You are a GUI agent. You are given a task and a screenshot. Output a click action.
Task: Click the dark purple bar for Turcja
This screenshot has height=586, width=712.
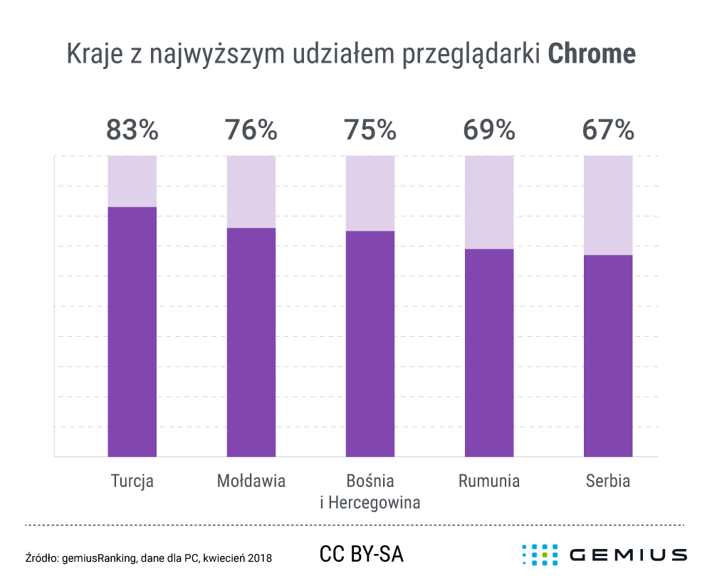132,331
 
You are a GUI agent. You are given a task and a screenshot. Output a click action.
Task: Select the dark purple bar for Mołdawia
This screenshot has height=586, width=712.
251,342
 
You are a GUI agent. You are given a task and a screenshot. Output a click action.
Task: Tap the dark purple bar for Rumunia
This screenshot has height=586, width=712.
489,352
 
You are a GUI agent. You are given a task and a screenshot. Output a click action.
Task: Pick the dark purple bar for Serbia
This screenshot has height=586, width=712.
608,355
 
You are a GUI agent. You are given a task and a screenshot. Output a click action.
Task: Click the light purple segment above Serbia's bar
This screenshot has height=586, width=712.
608,205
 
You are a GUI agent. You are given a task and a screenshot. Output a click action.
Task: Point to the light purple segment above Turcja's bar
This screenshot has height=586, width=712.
132,181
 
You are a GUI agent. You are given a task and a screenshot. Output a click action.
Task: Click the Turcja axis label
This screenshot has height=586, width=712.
132,481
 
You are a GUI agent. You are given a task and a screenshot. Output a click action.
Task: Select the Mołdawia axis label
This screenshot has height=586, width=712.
251,481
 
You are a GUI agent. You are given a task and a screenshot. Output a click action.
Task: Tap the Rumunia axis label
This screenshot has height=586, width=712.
489,481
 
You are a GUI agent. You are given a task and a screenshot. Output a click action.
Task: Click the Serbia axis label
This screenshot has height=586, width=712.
608,481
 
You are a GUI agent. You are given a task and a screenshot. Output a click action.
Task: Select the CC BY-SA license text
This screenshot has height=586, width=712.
362,554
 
